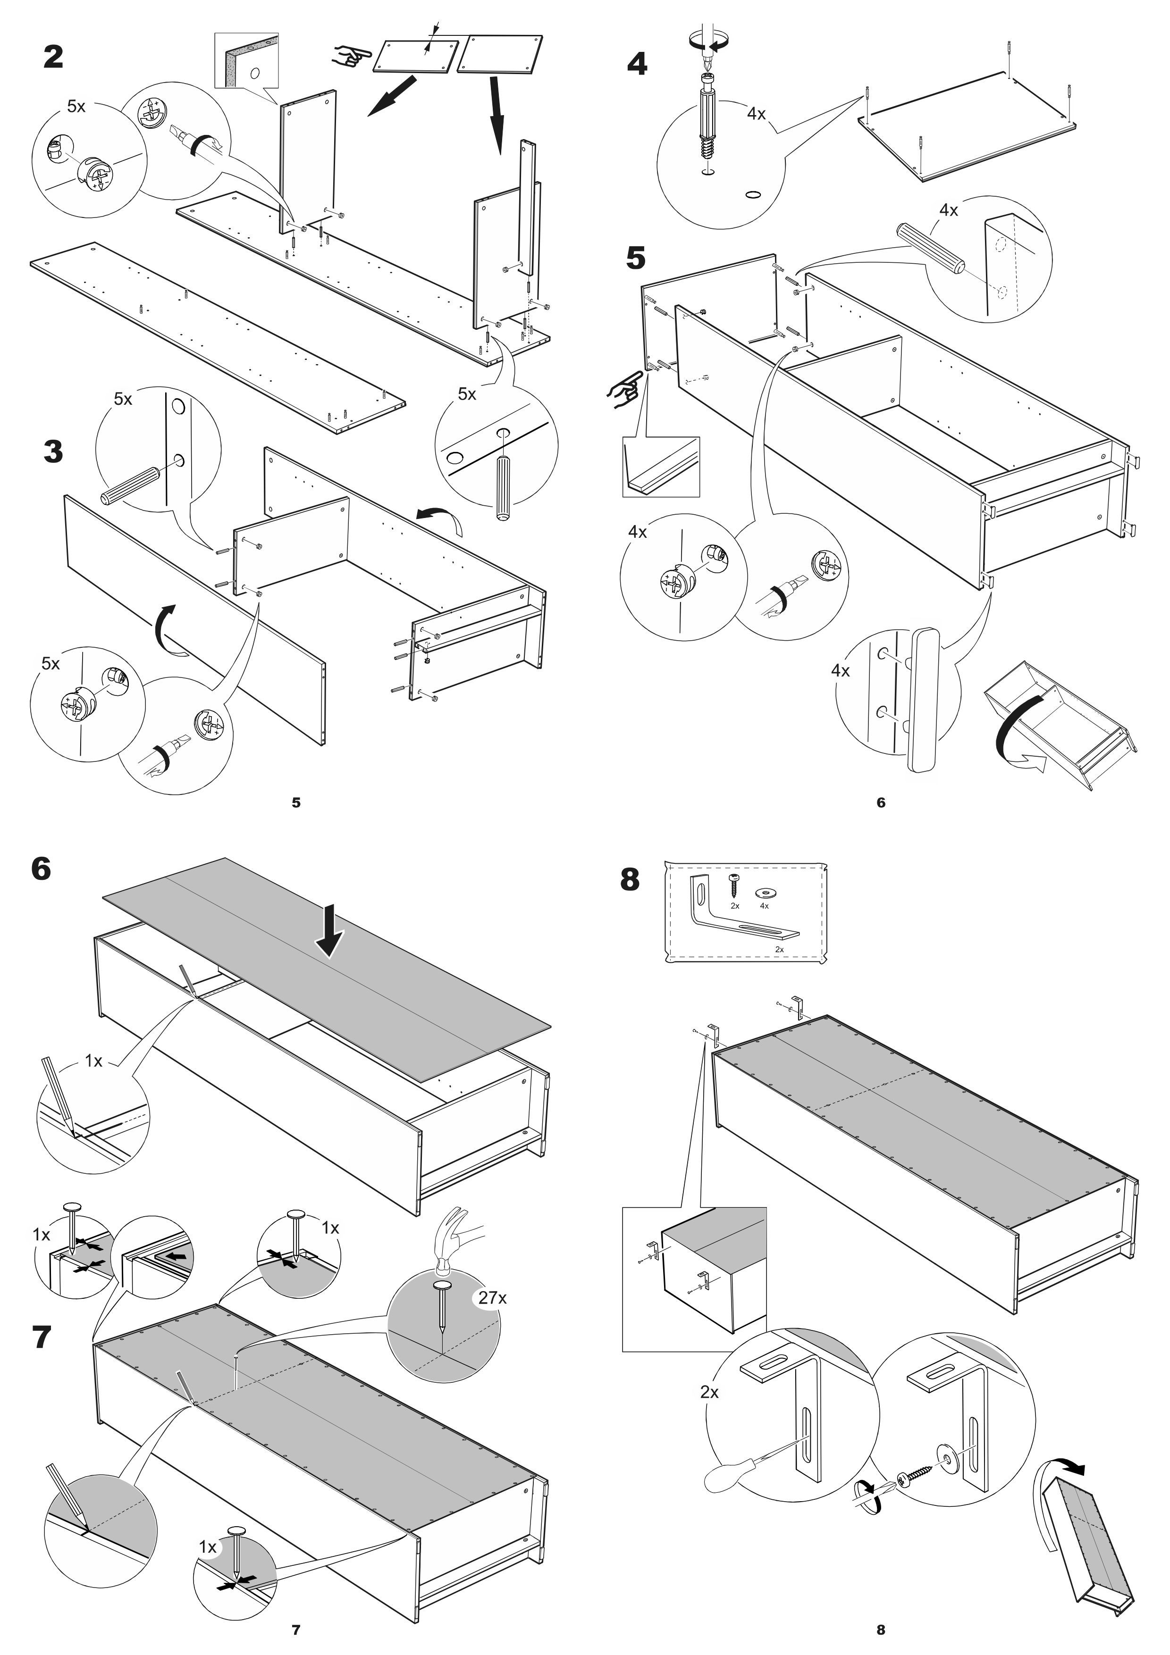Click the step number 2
click(x=53, y=57)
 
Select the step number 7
click(x=42, y=1337)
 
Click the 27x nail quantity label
click(x=492, y=1297)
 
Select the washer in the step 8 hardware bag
click(x=763, y=892)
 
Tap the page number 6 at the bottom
click(x=880, y=802)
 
